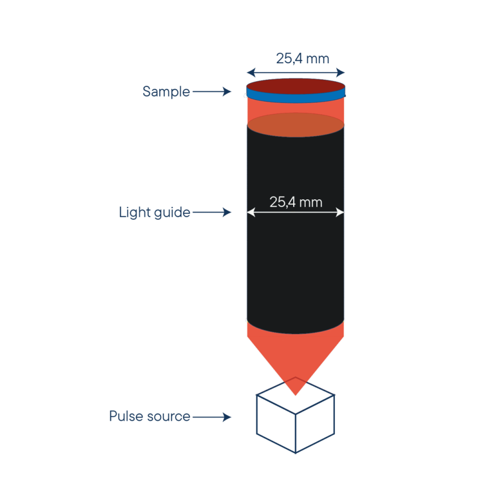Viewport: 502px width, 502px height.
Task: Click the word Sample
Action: (166, 92)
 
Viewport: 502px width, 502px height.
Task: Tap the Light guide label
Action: (155, 213)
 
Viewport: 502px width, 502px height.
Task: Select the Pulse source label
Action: (150, 417)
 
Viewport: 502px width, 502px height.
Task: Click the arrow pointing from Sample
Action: (211, 92)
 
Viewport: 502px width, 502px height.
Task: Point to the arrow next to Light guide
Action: (211, 213)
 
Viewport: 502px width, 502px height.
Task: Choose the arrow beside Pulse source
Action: (211, 417)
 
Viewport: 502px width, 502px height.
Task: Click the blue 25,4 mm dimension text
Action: (302, 59)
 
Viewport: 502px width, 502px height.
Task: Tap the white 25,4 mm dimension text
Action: (296, 202)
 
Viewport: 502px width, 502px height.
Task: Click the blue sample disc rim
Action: (296, 99)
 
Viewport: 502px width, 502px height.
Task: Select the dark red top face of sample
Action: (296, 86)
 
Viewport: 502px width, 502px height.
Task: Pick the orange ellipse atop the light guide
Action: (296, 125)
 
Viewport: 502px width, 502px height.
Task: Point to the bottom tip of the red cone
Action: (296, 395)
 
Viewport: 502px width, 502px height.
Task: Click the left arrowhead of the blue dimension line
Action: (249, 71)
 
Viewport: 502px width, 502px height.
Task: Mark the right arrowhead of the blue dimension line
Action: (343, 71)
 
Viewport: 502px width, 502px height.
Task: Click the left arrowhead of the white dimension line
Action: (249, 213)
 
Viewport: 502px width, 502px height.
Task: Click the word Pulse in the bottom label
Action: (124, 417)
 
